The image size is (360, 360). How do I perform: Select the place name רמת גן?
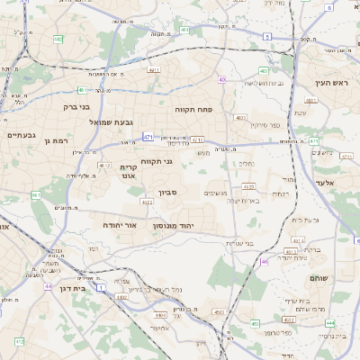[x=56, y=141]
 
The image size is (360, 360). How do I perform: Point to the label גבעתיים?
[x=21, y=135]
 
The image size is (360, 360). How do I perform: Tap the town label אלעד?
[x=325, y=183]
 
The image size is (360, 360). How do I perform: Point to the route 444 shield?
[x=330, y=323]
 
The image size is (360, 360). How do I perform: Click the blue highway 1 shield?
[x=102, y=286]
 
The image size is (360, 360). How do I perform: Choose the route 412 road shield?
[x=19, y=342]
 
